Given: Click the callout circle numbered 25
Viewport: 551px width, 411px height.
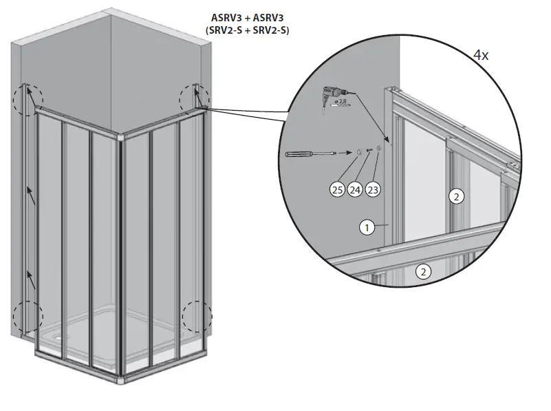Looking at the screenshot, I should click(x=337, y=189).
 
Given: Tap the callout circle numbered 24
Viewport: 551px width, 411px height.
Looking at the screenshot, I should click(x=355, y=189).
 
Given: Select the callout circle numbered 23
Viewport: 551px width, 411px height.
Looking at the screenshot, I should click(x=373, y=189).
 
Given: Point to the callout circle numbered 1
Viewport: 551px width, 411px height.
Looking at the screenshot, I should click(x=367, y=226).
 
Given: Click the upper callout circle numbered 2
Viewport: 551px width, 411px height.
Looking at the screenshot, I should click(x=455, y=196).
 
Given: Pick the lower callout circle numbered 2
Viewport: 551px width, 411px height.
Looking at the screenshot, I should click(x=424, y=272).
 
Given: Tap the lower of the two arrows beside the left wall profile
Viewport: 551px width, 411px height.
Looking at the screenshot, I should click(x=31, y=279).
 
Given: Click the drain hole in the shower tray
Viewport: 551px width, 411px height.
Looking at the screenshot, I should click(x=64, y=337).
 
